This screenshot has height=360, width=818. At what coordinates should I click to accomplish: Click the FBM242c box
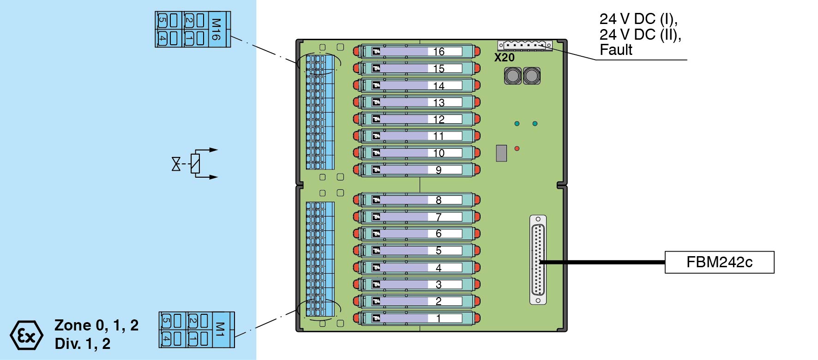click(x=719, y=262)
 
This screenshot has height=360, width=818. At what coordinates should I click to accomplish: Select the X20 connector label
click(x=504, y=58)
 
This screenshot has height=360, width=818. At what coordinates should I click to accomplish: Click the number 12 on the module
click(x=439, y=120)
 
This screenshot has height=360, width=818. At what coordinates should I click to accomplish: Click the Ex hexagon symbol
click(x=26, y=335)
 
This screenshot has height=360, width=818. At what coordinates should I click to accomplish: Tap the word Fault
click(x=616, y=50)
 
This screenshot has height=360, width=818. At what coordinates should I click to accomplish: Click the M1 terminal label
click(x=220, y=330)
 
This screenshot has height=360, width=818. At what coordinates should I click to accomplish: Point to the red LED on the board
click(x=517, y=149)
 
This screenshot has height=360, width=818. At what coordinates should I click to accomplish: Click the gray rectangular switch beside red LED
click(x=501, y=153)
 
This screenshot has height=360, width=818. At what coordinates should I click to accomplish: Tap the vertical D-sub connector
click(x=538, y=260)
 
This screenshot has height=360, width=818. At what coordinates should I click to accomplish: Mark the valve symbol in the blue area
click(x=176, y=164)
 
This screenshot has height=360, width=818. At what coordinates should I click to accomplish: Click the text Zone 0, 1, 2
click(x=96, y=325)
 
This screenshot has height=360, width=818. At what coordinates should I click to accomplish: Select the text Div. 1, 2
click(x=82, y=343)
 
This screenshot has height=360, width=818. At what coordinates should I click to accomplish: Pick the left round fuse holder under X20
click(x=512, y=76)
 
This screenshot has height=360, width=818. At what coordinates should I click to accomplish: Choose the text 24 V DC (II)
click(x=640, y=35)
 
